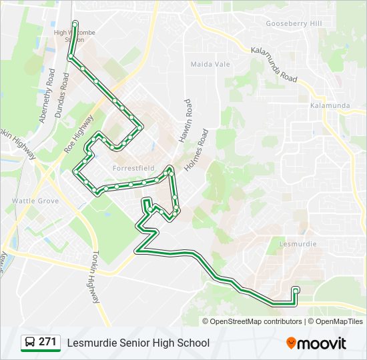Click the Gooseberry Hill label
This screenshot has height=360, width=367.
tap(294, 23)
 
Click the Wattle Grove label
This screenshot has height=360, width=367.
tap(35, 201)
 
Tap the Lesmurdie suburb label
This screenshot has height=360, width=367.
tap(297, 244)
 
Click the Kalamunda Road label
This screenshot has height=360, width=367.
tap(274, 65)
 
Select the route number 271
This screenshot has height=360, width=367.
tap(47, 342)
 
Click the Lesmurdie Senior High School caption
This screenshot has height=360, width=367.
tap(138, 343)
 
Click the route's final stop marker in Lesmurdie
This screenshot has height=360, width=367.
tap(296, 289)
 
